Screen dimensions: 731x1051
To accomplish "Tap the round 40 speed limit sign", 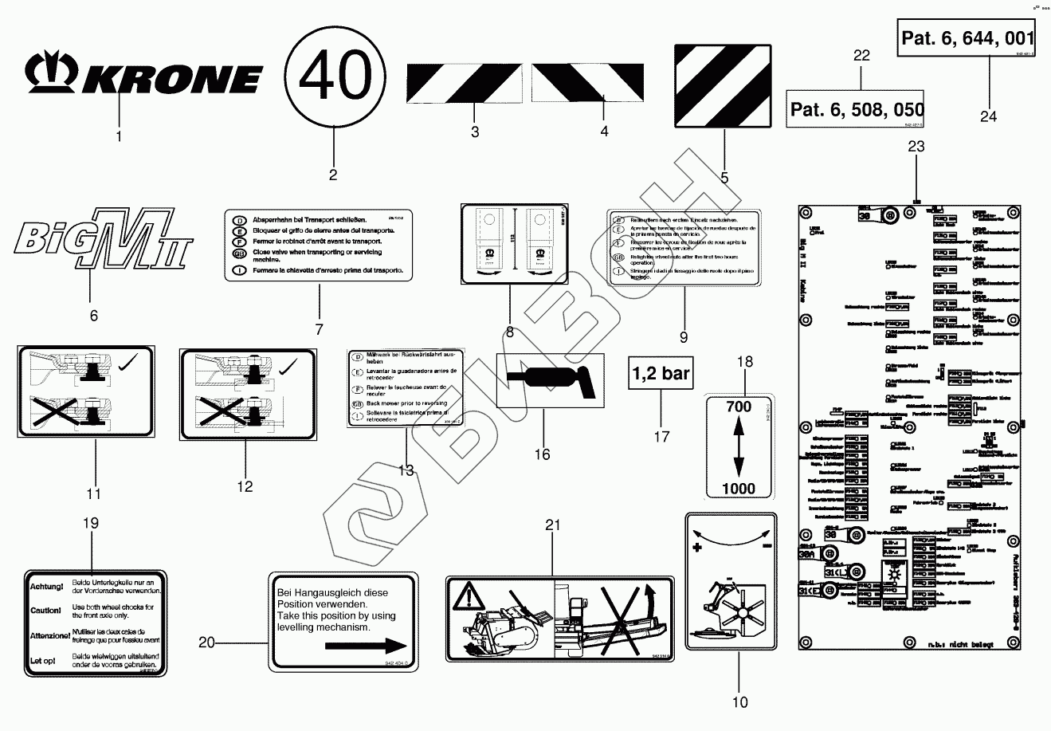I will (333, 77).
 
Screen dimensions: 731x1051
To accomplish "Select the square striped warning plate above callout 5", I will (724, 85).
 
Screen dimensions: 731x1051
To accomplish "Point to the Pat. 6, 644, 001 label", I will (967, 38).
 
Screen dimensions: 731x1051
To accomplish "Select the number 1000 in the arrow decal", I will (739, 487).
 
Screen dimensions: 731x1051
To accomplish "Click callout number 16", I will (543, 454).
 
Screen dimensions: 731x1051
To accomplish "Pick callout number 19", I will (91, 523).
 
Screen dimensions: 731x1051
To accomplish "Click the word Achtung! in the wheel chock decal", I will (45, 587).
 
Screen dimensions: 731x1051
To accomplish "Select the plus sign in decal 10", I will (697, 548).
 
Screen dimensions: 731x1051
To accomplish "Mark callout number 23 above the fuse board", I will (916, 146).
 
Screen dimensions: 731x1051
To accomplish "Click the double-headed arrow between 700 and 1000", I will (739, 447).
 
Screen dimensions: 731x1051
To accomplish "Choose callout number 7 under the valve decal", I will (319, 328).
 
